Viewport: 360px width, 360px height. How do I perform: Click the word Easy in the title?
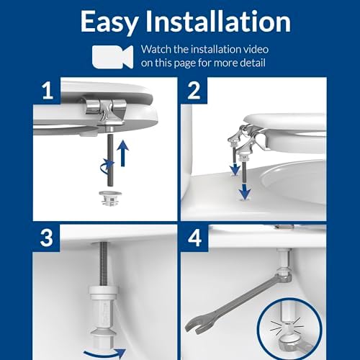(x=112, y=21)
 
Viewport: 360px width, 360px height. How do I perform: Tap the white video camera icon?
(x=112, y=56)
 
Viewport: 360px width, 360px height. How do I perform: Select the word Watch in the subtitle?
(x=158, y=50)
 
